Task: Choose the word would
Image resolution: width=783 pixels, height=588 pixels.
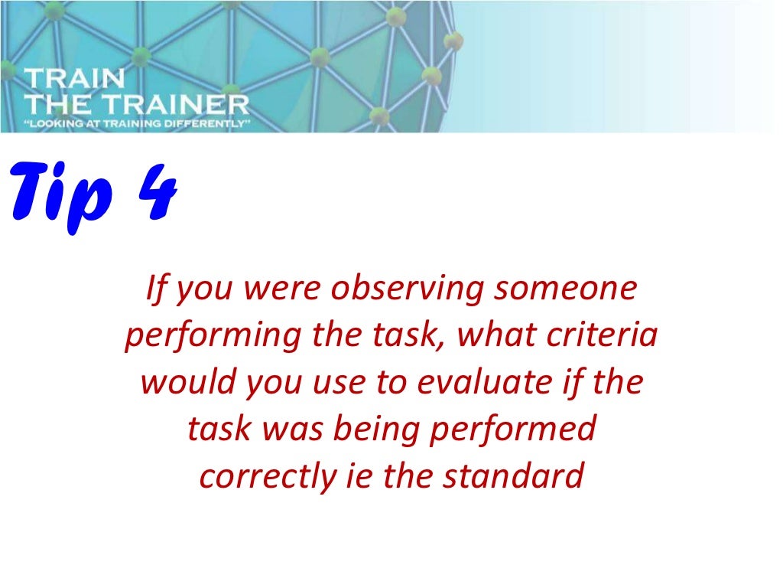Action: (x=187, y=382)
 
